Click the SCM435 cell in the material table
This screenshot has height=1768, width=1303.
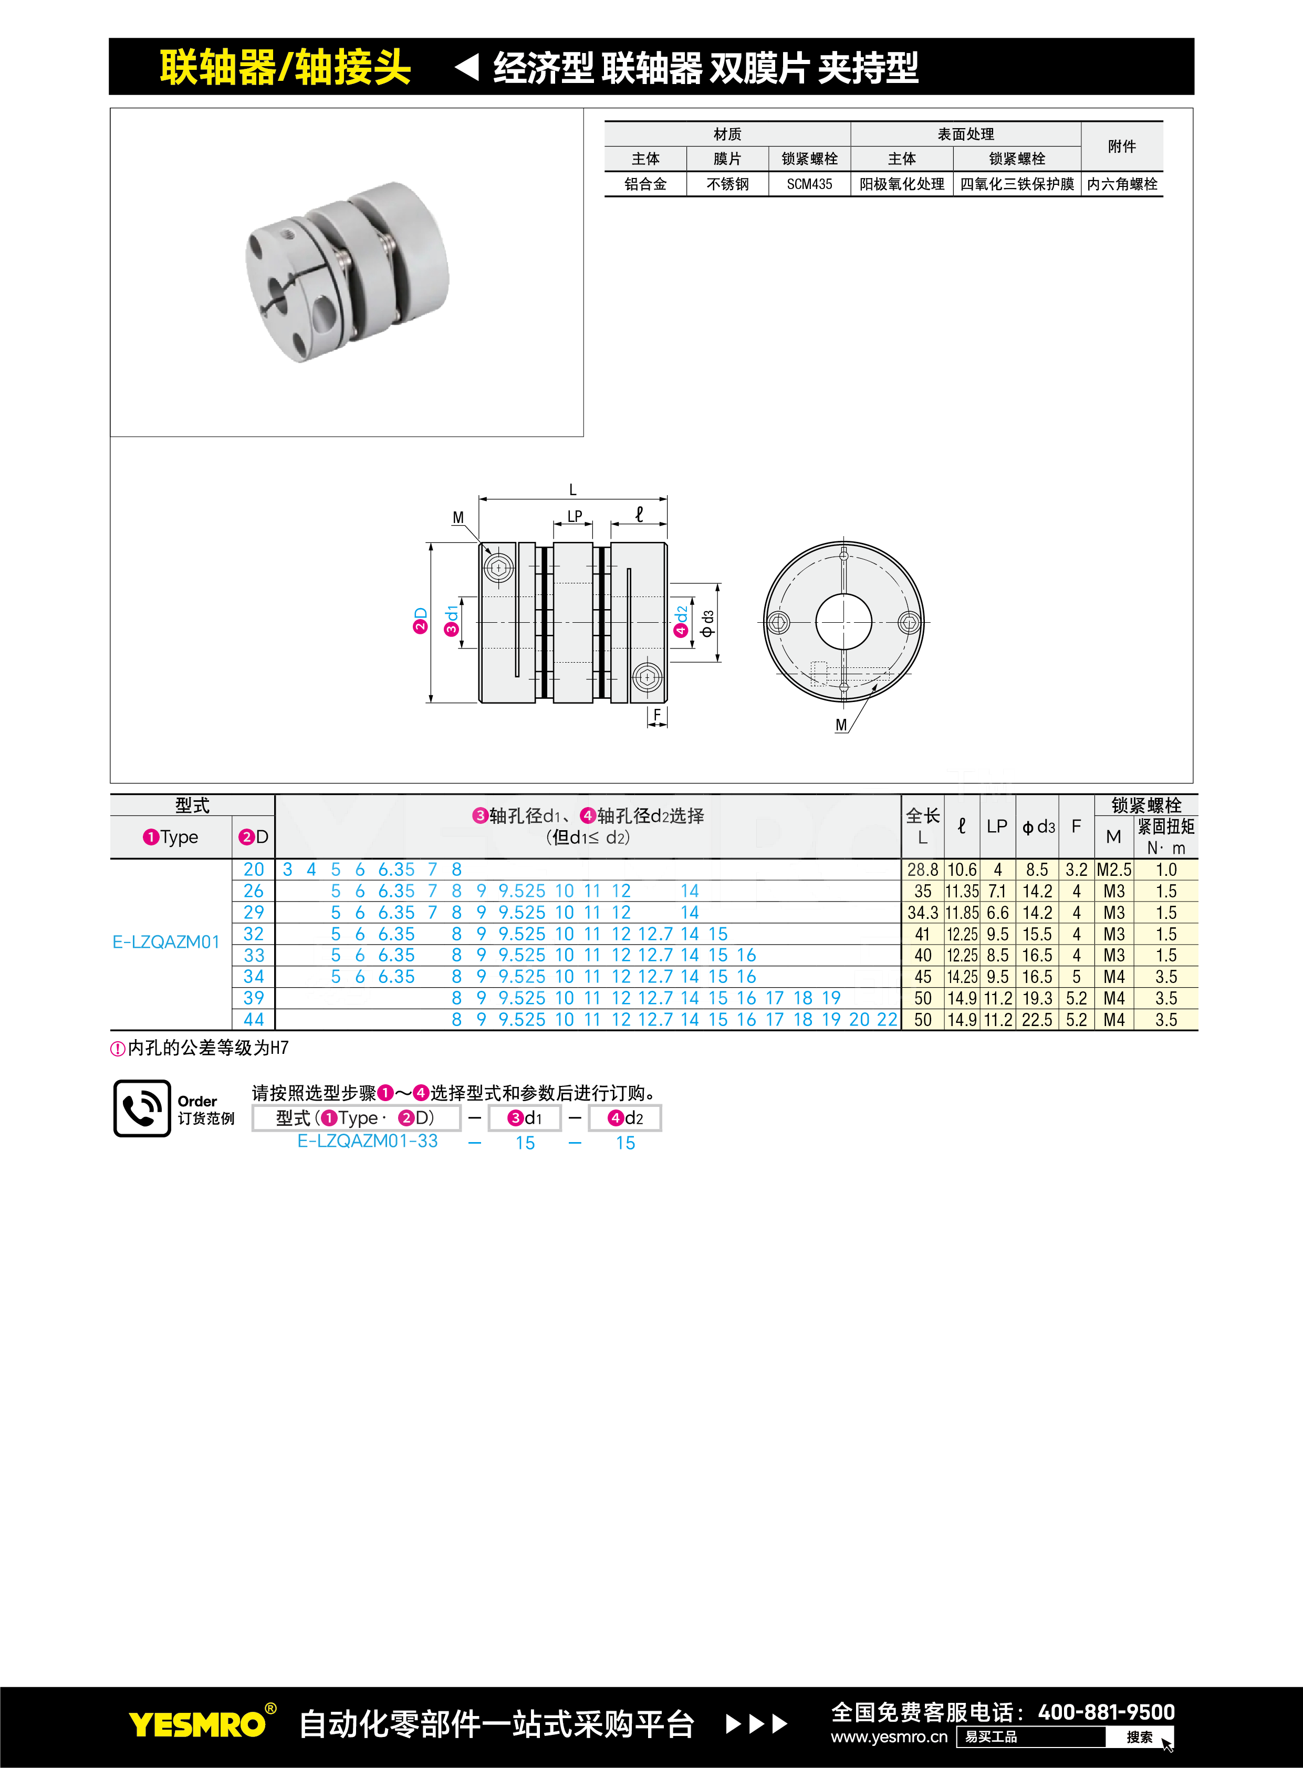click(809, 184)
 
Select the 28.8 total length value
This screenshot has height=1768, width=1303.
click(923, 870)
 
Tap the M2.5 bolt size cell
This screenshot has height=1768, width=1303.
click(1114, 870)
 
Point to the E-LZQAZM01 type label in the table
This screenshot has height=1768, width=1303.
click(165, 943)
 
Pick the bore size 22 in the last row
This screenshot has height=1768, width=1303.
click(888, 1020)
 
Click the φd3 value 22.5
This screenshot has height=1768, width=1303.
click(1037, 1020)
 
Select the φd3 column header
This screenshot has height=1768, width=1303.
click(1038, 827)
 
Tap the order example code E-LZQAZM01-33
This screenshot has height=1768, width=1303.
click(368, 1141)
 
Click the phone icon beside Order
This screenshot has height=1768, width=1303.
click(142, 1108)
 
